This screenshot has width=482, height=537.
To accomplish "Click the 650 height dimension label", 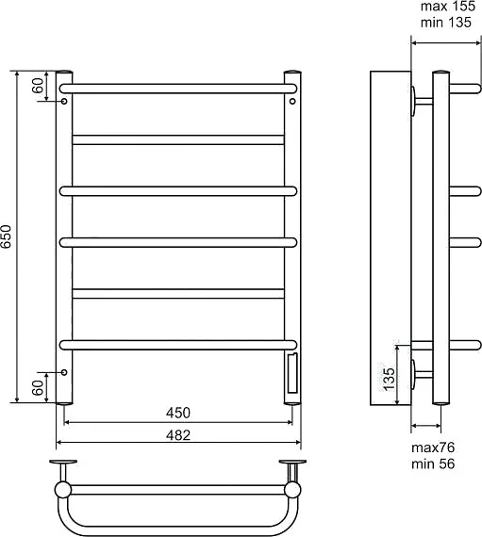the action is [7, 236].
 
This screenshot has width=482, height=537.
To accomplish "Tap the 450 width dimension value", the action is [178, 413].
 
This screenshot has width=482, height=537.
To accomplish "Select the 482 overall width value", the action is [178, 435].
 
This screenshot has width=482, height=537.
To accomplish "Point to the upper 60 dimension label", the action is [39, 86].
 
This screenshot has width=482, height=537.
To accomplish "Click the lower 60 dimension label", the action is [39, 388].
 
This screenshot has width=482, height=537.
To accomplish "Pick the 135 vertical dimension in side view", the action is [389, 379].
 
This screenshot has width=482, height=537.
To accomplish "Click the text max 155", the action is [448, 7].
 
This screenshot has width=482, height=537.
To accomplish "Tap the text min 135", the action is [446, 23].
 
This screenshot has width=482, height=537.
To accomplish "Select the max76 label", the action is [433, 447].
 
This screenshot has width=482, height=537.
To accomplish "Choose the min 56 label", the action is [433, 464].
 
